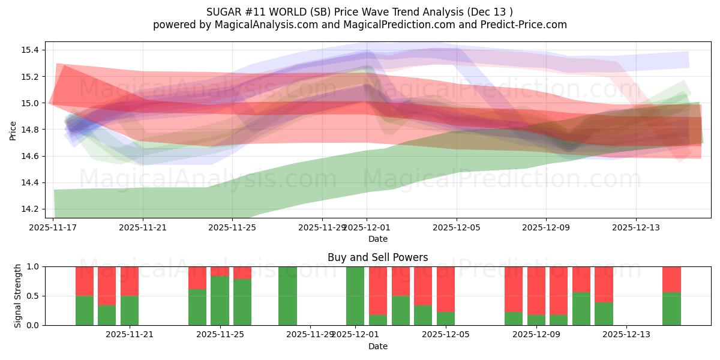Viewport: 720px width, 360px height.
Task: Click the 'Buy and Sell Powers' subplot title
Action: tap(377, 257)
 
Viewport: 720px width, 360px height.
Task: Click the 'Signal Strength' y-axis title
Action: tap(18, 295)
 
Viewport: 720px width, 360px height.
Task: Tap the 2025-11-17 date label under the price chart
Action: tap(53, 228)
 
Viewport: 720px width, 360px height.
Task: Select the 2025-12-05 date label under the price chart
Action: tap(457, 228)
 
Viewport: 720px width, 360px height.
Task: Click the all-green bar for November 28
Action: tap(287, 295)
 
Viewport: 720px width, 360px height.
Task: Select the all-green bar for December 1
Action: tap(355, 295)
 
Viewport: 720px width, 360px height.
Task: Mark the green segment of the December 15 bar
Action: tap(671, 308)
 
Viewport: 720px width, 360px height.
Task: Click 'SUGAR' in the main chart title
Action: tap(223, 12)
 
